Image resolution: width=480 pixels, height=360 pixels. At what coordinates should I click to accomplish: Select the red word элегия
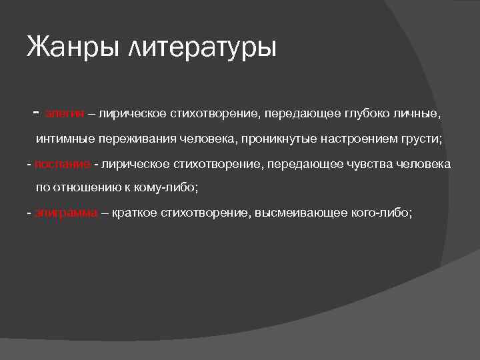point(65,115)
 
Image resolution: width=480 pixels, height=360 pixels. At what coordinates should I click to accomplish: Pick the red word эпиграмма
point(67,213)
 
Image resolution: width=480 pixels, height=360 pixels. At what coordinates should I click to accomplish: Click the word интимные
point(64,139)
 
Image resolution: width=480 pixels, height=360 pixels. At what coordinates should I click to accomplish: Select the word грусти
point(425,139)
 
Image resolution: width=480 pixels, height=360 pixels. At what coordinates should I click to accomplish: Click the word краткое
point(135,213)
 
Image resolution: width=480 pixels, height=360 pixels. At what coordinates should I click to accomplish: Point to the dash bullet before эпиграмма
point(29,213)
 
